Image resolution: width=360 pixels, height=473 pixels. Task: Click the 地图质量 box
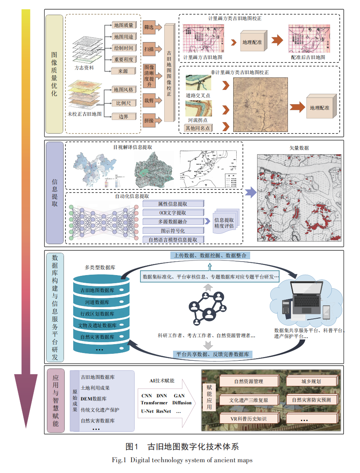[x=123, y=25]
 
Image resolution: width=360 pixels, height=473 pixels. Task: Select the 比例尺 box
[x=123, y=103]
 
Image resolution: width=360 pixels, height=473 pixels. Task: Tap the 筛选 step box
[x=149, y=27]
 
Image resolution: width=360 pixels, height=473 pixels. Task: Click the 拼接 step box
[x=149, y=120]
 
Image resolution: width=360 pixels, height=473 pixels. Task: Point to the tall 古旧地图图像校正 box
[x=169, y=73]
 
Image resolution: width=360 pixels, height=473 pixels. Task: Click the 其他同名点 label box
[x=198, y=128]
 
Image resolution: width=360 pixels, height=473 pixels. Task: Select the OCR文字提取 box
[x=173, y=213]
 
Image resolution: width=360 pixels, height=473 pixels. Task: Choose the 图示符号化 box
[x=173, y=231]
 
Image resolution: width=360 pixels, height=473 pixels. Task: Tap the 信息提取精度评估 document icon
[x=225, y=223]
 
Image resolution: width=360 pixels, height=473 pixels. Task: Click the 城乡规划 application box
[x=311, y=381]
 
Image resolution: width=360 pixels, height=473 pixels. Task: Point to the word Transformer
[x=154, y=403]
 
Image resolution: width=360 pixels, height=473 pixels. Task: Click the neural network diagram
[x=104, y=222]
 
